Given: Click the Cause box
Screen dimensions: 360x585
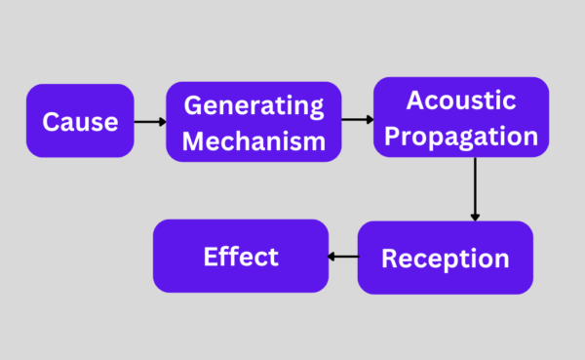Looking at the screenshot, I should coord(80,121).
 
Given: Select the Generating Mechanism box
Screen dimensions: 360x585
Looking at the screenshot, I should coord(253,121).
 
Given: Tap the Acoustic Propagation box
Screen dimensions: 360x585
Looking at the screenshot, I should coord(460,117).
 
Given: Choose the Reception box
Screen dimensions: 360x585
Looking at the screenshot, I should coord(445,258).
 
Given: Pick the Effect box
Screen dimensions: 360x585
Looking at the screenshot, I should coord(241,257).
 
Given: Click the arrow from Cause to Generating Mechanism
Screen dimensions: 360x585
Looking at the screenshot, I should coord(149,121).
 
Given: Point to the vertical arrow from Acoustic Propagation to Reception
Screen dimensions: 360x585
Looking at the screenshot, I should coord(475,188).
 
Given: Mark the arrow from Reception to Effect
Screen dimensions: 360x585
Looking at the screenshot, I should coord(343,258).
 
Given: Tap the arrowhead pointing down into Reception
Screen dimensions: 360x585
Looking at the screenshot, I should coord(475,216).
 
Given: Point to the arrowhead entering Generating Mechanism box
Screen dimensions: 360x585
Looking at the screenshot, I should coord(161,121).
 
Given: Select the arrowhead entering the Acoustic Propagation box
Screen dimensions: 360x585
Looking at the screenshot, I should coord(370,119).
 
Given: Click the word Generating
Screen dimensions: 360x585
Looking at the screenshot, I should coord(253,105).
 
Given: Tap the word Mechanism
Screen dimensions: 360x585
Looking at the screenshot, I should coord(253,140).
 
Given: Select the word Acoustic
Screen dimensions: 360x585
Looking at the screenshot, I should coord(460,100).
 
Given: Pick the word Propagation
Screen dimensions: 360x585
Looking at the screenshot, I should coord(460,136).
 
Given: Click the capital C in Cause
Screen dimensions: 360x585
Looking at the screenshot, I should coord(51,122).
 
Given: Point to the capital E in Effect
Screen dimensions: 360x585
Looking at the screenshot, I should coord(211,257).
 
